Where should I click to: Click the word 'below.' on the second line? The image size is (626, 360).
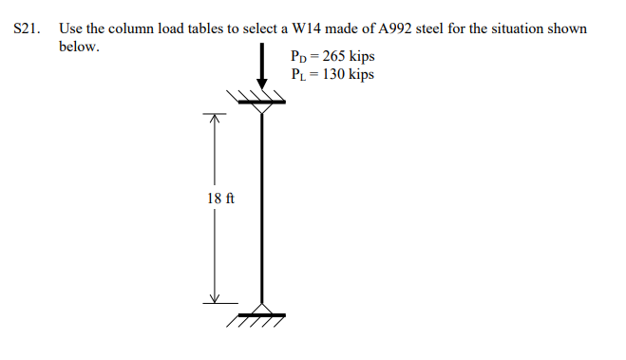(78, 47)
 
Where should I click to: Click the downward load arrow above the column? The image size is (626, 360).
(260, 71)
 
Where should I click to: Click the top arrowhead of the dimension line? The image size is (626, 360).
(215, 121)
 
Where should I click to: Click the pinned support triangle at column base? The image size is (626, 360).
(260, 306)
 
